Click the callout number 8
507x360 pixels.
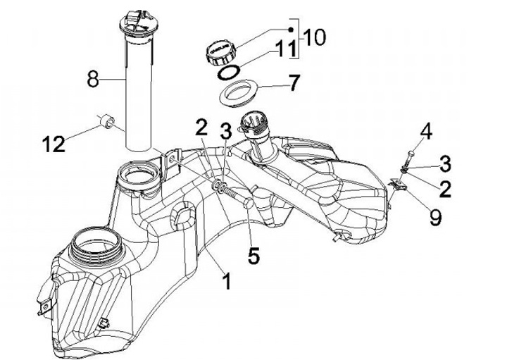(93, 81)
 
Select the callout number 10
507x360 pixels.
(315, 37)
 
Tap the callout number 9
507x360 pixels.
(435, 218)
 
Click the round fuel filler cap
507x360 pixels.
(220, 51)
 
